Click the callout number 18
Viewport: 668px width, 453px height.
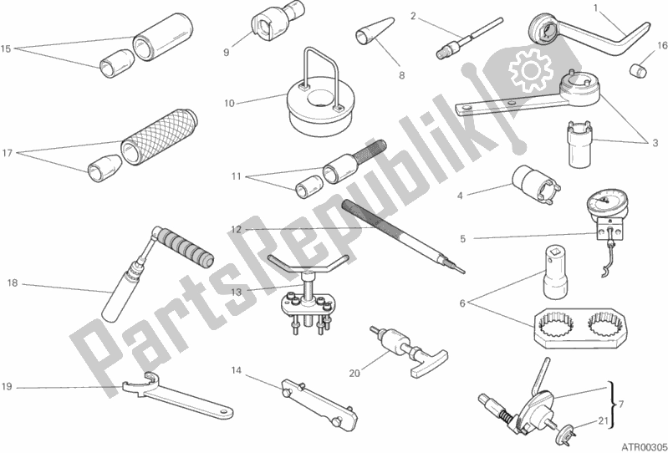coord(12,284)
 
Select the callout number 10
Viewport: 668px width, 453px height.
coord(229,104)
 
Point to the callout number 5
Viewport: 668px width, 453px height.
coord(462,238)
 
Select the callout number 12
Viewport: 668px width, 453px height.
coord(237,230)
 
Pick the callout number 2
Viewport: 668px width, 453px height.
coord(413,15)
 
